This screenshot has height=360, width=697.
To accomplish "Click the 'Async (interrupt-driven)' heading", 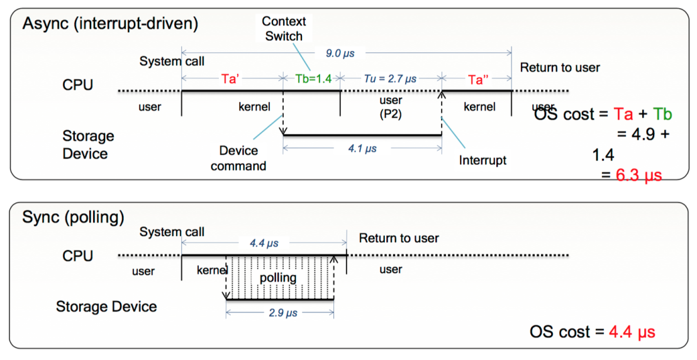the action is (x=110, y=23).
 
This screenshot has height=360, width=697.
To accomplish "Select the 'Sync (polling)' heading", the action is (x=73, y=217).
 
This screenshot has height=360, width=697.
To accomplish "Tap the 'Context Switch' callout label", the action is (x=284, y=28).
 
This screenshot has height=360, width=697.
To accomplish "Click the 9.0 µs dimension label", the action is (x=340, y=53).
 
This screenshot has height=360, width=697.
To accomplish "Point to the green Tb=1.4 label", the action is (x=313, y=79).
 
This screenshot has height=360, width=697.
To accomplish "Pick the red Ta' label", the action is (x=231, y=79).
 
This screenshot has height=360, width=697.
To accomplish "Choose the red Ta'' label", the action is (x=478, y=79).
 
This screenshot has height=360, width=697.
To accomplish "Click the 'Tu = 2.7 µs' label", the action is (x=390, y=79).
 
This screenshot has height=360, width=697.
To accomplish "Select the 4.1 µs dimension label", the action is (x=362, y=148).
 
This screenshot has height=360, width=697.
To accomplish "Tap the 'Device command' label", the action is (x=238, y=158).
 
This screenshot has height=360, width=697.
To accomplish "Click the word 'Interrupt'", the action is (x=482, y=160).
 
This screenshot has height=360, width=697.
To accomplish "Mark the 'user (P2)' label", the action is (x=391, y=107).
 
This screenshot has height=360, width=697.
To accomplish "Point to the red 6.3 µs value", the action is (x=638, y=174).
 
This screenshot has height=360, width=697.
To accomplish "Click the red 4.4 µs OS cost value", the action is (x=632, y=332).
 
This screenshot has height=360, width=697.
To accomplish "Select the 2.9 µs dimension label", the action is (x=283, y=313).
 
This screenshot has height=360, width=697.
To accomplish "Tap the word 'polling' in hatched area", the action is (x=278, y=278).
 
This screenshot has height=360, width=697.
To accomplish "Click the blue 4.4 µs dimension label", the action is (x=264, y=243).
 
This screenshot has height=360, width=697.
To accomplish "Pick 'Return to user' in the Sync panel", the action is (x=399, y=238).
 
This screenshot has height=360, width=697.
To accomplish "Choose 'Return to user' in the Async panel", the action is (x=560, y=67).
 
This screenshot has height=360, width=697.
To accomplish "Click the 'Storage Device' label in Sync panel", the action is (x=106, y=306).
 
